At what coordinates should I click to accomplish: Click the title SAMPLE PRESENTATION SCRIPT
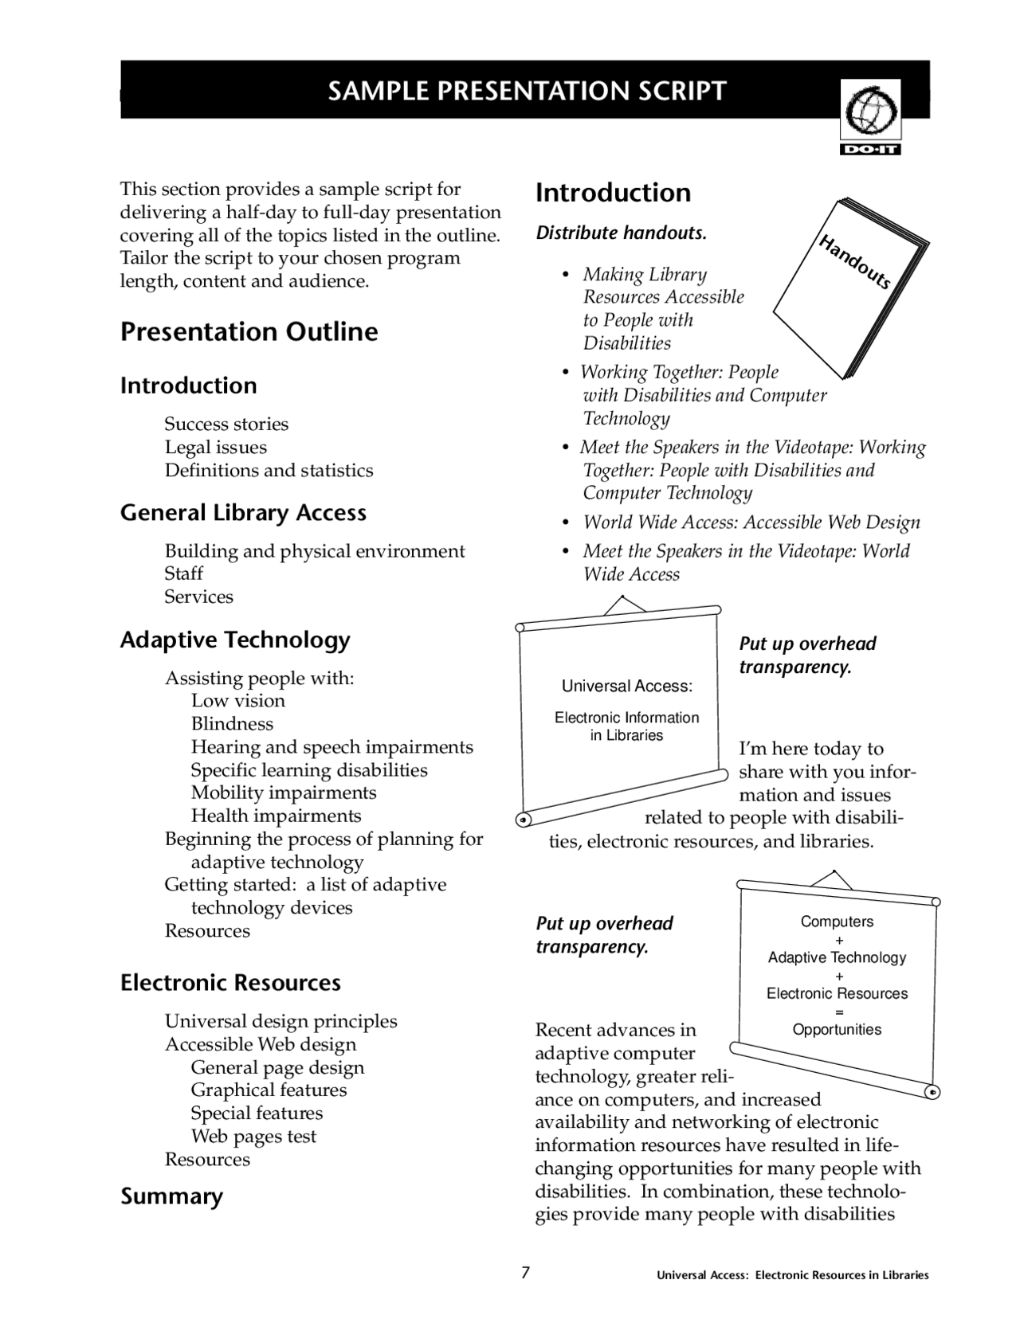(527, 91)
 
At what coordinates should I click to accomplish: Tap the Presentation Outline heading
(249, 331)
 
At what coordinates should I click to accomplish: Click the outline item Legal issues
(215, 448)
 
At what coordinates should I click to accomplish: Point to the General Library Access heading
(243, 513)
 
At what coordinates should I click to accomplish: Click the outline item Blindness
(232, 724)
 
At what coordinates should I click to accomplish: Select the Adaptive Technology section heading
(235, 640)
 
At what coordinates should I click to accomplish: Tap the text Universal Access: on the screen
(626, 686)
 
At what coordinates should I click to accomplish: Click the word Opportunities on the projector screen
(837, 1029)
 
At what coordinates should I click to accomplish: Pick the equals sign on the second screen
(838, 1012)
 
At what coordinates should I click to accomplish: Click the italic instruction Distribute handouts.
(621, 233)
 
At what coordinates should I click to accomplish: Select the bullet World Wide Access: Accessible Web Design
(751, 523)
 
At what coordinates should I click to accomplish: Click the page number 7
(525, 1272)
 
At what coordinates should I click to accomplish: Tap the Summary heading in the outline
(171, 1196)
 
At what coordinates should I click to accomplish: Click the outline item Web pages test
(253, 1137)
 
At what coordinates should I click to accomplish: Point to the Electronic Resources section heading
(230, 983)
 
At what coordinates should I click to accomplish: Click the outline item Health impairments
(276, 816)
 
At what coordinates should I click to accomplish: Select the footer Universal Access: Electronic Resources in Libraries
(792, 1275)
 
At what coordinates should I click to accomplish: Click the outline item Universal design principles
(280, 1021)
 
